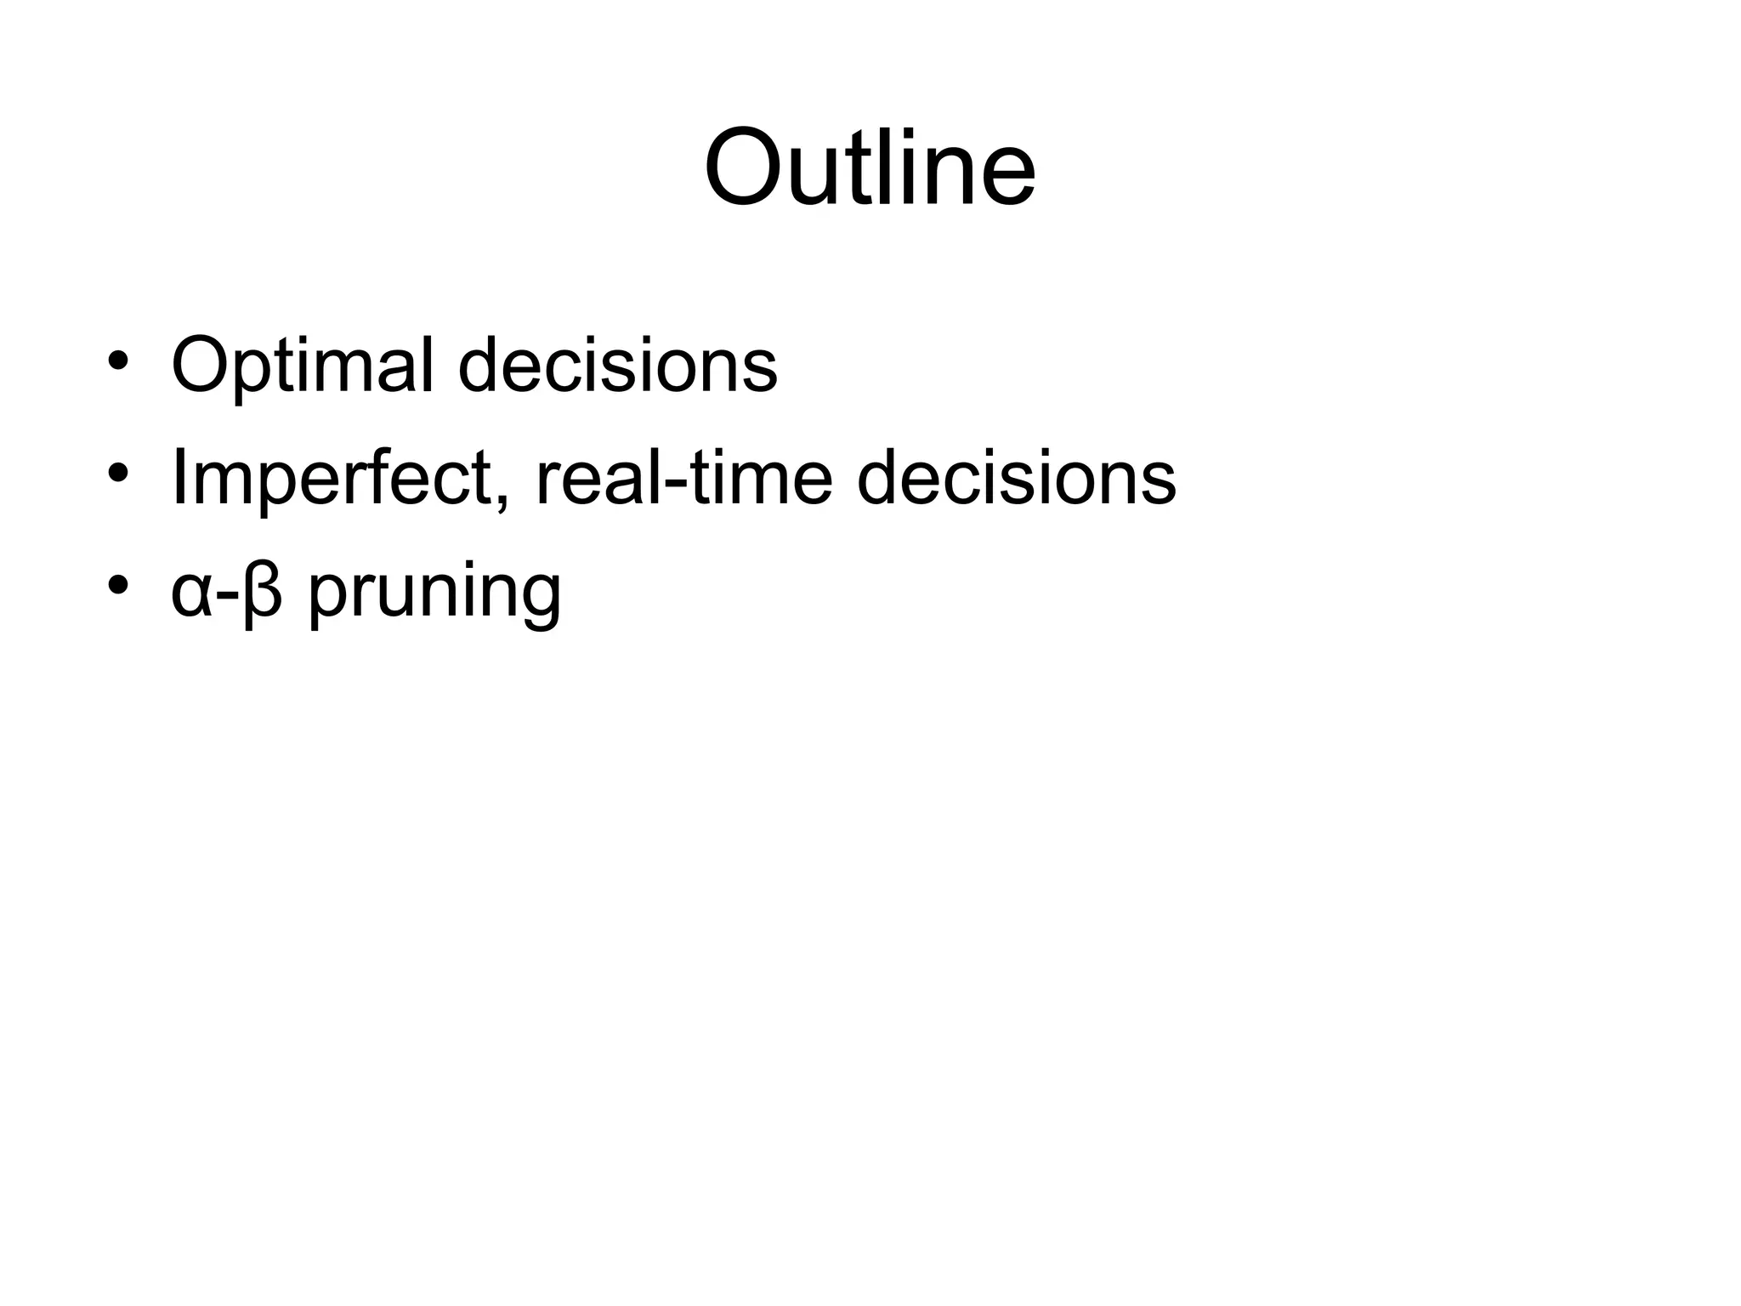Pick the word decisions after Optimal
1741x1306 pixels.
click(617, 366)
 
